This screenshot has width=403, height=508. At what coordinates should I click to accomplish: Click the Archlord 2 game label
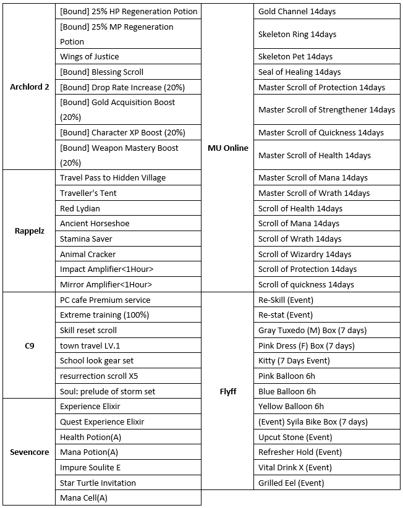(29, 87)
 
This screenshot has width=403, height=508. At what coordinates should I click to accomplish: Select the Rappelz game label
(29, 231)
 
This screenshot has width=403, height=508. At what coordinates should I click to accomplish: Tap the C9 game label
(29, 345)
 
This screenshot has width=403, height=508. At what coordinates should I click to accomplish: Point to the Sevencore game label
(29, 452)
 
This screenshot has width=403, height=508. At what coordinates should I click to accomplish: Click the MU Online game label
(228, 148)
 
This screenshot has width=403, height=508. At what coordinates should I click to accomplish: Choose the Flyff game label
(228, 391)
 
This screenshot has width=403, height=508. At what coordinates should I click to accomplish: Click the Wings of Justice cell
(90, 57)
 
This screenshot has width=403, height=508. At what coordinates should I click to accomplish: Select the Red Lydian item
(80, 208)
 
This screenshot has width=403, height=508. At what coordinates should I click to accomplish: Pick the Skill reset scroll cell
(88, 330)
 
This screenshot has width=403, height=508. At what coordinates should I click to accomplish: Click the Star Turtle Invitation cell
(98, 483)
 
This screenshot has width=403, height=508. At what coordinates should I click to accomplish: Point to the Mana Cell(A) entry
(83, 497)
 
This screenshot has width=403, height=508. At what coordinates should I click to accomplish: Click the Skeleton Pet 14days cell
(295, 57)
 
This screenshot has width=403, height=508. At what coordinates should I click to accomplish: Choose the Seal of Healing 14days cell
(299, 72)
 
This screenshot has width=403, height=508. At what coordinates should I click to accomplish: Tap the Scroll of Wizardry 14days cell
(305, 254)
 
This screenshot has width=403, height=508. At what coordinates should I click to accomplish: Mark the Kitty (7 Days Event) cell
(294, 360)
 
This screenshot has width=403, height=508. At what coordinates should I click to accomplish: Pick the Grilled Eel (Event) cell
(291, 483)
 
